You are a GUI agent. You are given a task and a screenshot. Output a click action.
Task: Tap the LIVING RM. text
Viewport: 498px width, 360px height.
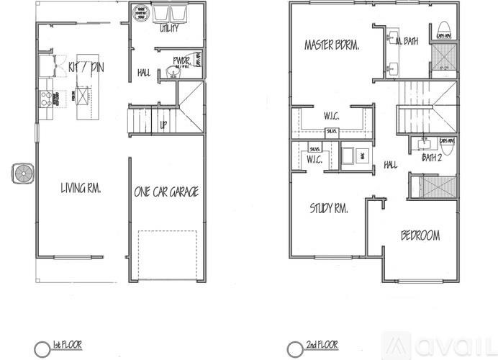tap(79, 189)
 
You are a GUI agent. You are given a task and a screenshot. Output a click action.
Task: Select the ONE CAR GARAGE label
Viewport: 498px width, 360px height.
tap(166, 192)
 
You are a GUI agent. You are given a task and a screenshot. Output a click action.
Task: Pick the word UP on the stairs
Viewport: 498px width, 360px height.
tap(163, 125)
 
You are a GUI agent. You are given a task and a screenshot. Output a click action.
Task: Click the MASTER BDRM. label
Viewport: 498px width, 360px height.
tap(332, 45)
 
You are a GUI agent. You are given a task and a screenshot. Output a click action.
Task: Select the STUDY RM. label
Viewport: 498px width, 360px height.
tap(330, 210)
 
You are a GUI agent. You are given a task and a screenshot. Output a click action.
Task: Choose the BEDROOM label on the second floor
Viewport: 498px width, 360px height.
tap(420, 236)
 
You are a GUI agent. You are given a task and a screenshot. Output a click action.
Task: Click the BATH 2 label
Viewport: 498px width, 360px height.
tap(432, 157)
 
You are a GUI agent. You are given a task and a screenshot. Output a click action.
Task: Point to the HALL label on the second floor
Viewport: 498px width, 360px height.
tap(390, 165)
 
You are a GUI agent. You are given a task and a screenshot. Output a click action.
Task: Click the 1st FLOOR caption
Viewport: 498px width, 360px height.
tap(69, 346)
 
